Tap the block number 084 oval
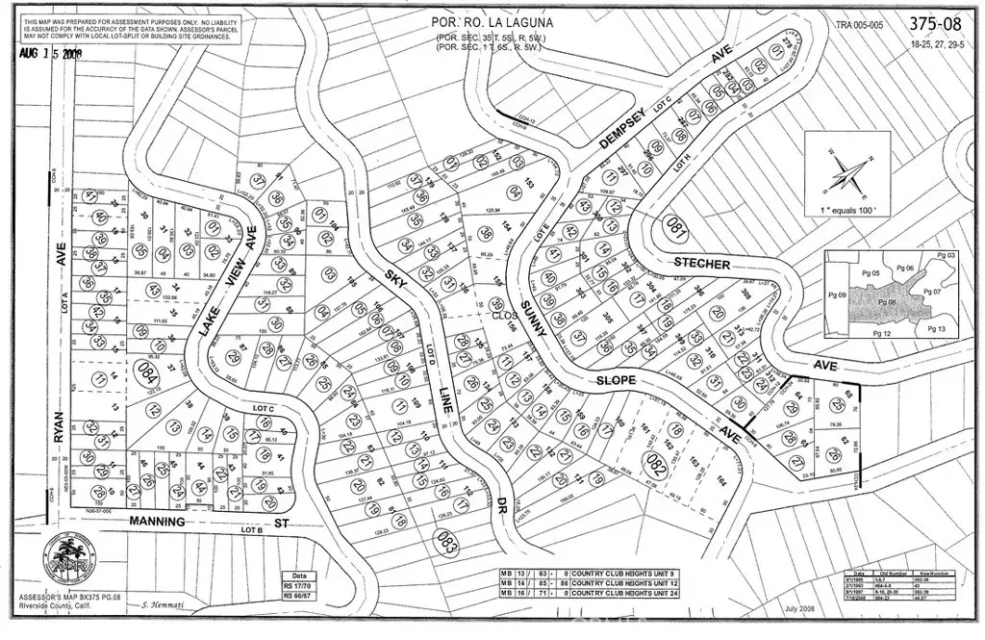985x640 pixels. tap(147, 372)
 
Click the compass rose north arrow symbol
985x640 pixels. tap(844, 175)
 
